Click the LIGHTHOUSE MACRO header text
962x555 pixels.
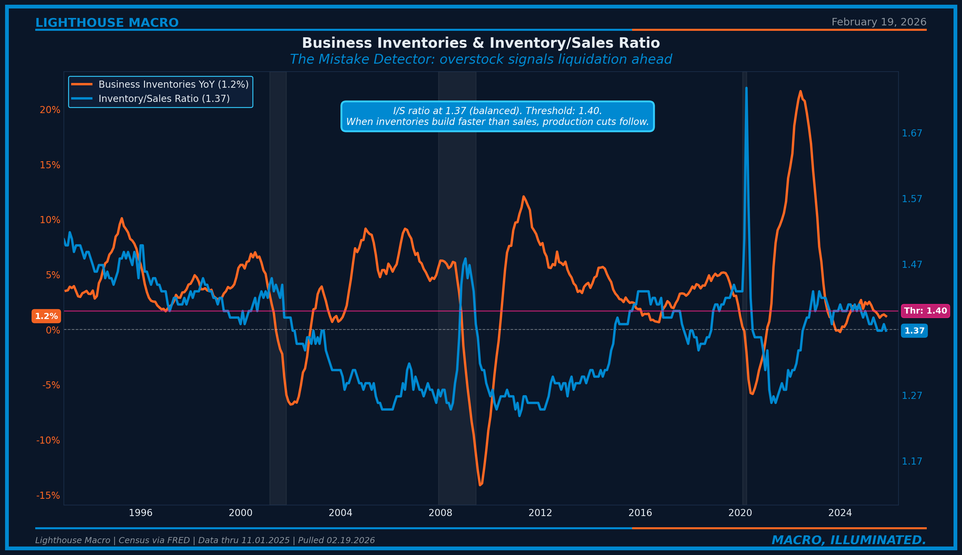tap(107, 23)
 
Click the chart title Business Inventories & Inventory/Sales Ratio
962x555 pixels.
tap(481, 43)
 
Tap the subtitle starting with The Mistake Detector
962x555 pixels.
tap(481, 60)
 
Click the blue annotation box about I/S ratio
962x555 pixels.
tap(497, 116)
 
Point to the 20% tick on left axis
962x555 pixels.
tap(50, 110)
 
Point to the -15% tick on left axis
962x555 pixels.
tap(48, 495)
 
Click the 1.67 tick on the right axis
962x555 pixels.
tap(911, 133)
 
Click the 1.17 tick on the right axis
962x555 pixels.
tap(911, 461)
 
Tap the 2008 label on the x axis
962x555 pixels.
tap(440, 513)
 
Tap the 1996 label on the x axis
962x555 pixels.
tap(140, 513)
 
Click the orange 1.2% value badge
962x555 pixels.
tap(46, 316)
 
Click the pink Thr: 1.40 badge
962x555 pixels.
tap(925, 311)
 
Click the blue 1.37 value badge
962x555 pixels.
tap(914, 330)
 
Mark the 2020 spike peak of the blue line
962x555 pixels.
tap(746, 88)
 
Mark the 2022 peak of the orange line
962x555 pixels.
tap(800, 91)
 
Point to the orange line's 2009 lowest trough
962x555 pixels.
tap(480, 485)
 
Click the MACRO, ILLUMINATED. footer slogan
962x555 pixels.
tap(849, 540)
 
